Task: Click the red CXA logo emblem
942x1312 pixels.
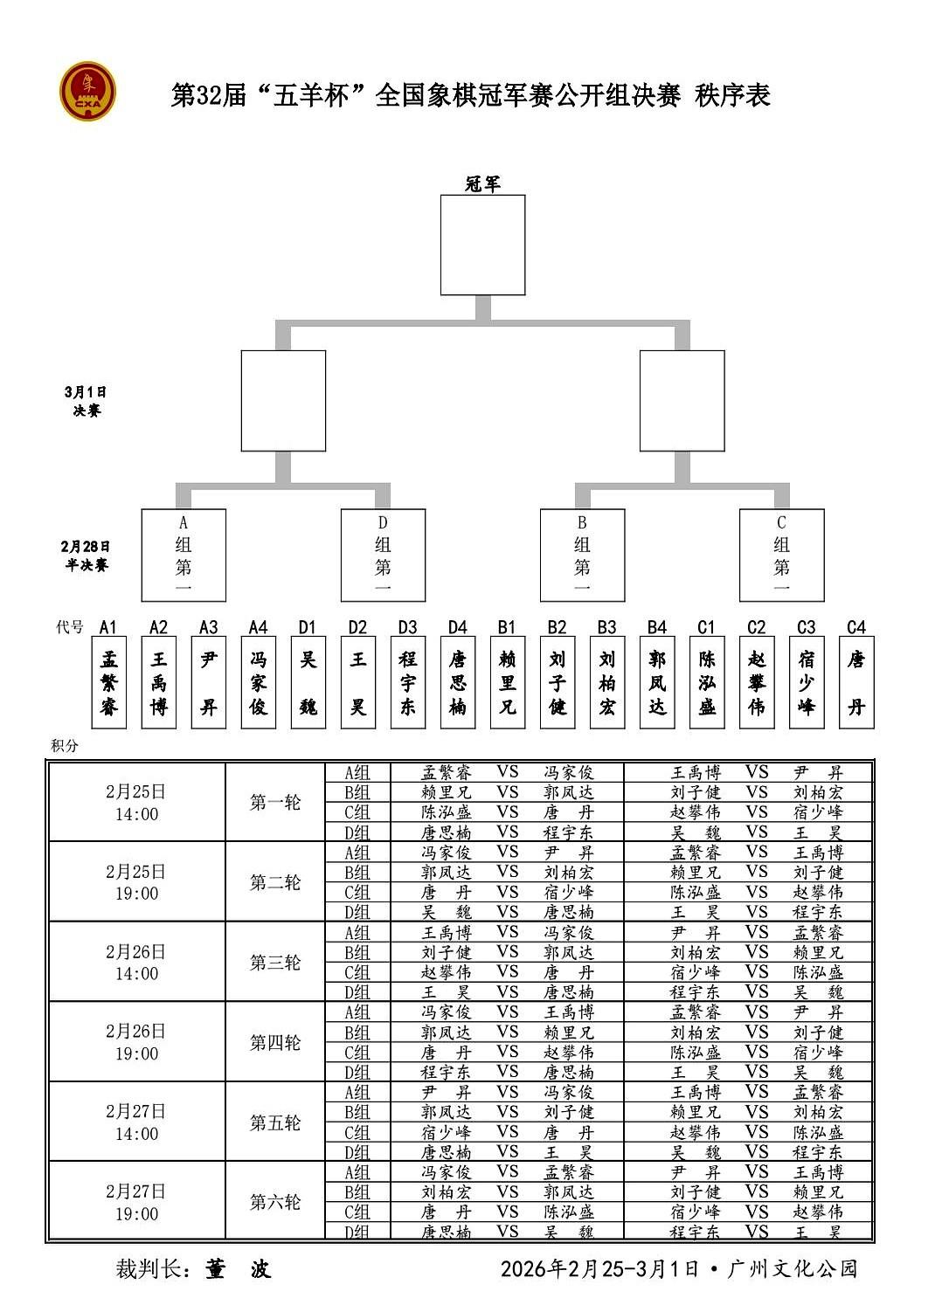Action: click(87, 91)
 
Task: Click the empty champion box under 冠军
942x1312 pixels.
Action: click(482, 245)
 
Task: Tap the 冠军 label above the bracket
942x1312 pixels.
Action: click(482, 183)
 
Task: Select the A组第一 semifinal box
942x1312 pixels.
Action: click(184, 555)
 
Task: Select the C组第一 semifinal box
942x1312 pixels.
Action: click(781, 555)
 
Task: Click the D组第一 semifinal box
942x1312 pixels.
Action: click(383, 555)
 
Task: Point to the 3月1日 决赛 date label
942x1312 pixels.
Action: click(86, 401)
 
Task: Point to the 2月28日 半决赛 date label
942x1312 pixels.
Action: click(86, 556)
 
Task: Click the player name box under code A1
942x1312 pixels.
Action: click(108, 682)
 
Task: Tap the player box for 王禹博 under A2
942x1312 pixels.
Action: click(158, 682)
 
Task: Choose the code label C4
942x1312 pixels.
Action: click(856, 627)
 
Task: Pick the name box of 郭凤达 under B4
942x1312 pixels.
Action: click(657, 682)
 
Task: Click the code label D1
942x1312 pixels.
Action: click(308, 627)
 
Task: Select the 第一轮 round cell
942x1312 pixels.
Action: click(274, 802)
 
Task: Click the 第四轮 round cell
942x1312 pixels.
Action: click(274, 1042)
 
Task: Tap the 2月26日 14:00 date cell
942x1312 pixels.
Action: click(136, 962)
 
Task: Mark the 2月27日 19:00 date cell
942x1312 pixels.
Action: click(136, 1202)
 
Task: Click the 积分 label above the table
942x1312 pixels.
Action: click(65, 745)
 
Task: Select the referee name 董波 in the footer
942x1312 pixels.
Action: click(238, 1268)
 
